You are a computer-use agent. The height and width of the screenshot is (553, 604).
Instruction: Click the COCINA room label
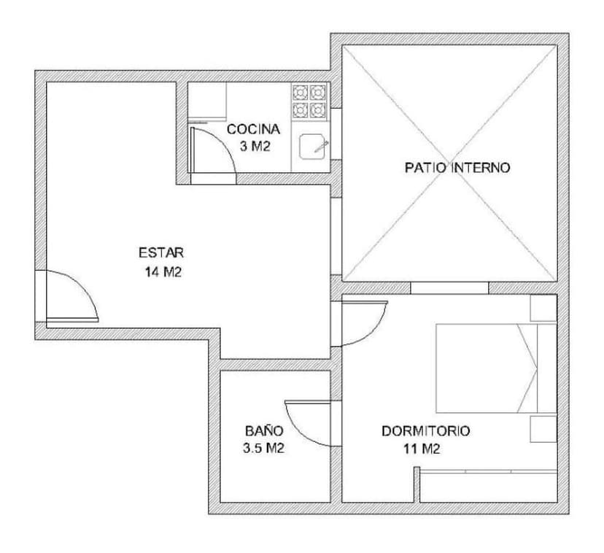click(253, 129)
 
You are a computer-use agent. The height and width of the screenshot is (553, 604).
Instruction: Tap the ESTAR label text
click(161, 253)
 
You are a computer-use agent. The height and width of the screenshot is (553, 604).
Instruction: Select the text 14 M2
click(162, 272)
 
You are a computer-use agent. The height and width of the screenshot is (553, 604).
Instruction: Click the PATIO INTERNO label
click(457, 168)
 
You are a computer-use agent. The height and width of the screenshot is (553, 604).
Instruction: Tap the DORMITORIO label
click(426, 430)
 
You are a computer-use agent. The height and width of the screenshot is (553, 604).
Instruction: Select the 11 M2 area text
click(422, 449)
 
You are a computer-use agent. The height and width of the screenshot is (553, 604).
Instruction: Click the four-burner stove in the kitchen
click(308, 101)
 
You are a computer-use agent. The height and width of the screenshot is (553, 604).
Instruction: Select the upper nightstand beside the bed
click(543, 308)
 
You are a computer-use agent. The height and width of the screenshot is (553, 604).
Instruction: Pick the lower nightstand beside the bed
click(543, 429)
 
